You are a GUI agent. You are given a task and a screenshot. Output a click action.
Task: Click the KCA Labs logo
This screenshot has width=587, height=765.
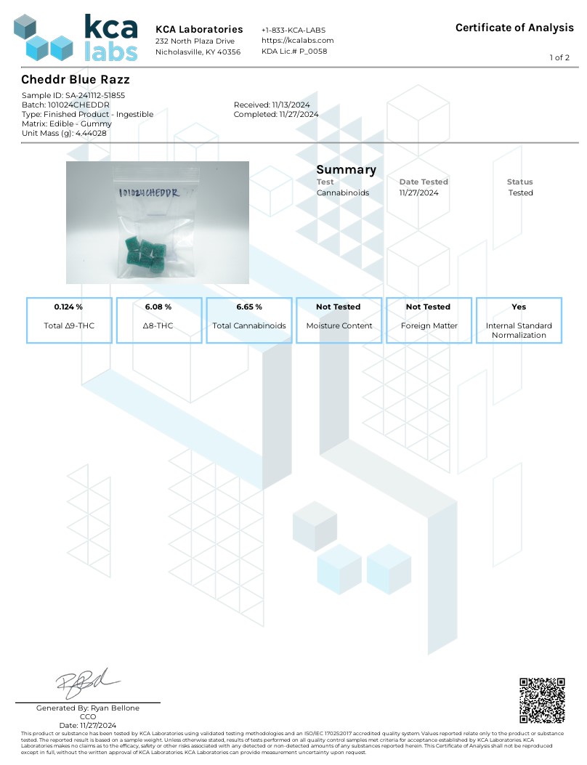[76, 38]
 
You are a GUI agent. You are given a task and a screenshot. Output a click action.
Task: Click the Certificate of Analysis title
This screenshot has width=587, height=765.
[514, 28]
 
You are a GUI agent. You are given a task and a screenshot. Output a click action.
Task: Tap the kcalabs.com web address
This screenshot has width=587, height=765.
[297, 41]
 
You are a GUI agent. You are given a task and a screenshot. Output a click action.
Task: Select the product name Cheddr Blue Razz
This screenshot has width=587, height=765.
[76, 79]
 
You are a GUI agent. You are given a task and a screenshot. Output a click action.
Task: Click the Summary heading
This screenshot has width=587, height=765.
[346, 170]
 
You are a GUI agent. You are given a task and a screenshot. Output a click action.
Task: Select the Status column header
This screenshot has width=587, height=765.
[519, 182]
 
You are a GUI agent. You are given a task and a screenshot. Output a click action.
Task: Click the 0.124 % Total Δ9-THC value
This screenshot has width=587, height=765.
[68, 307]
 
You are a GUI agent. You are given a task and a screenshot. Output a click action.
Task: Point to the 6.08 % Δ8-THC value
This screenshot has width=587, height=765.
[158, 307]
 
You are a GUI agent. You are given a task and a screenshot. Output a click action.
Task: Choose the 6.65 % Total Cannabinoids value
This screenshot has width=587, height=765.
[248, 307]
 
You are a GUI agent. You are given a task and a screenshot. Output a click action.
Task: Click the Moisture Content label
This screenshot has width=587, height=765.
[339, 325]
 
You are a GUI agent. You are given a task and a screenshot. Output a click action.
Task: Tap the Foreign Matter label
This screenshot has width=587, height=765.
[429, 325]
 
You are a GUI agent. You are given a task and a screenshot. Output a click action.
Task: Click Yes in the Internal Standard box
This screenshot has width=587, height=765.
[519, 307]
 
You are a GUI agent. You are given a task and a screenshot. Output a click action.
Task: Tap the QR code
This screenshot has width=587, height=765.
[542, 700]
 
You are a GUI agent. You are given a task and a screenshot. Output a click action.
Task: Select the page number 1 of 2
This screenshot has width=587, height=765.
[559, 57]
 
